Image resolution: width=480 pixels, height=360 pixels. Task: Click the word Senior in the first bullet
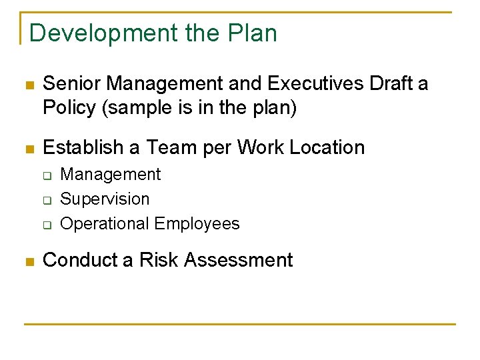[72, 84]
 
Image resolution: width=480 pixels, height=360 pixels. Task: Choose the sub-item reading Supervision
[105, 199]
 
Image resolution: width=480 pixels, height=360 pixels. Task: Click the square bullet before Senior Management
[28, 85]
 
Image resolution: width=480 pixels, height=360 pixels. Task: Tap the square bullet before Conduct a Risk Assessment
[28, 261]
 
